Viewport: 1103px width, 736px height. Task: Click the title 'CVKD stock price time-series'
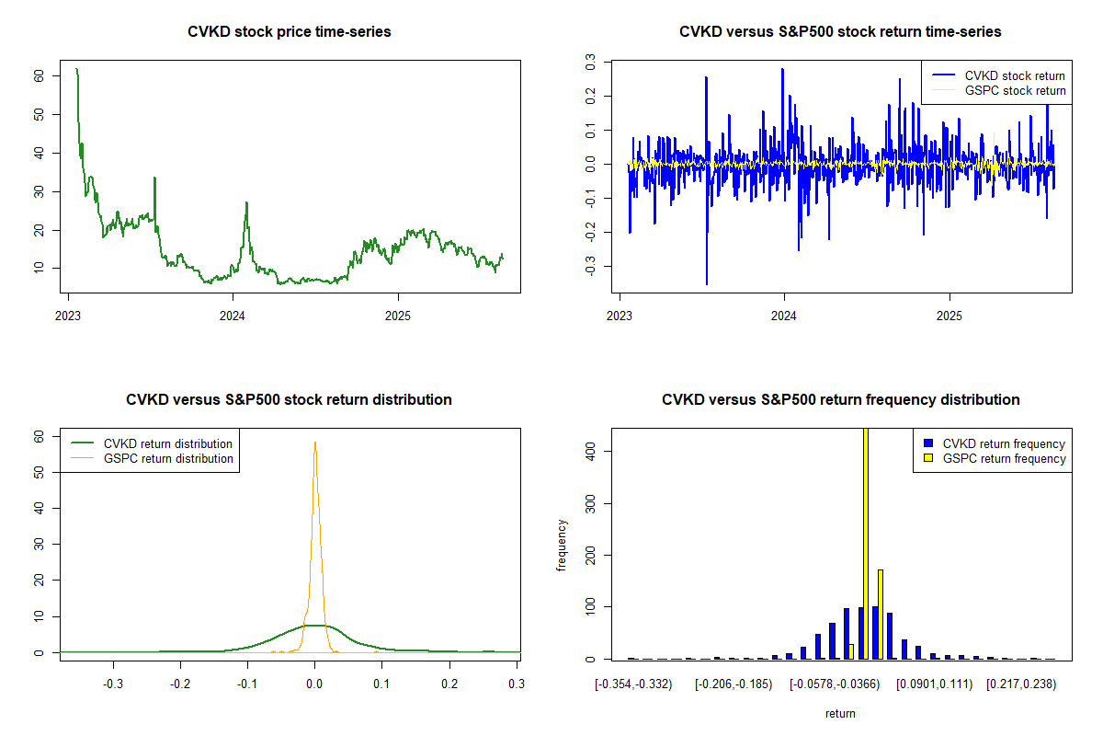coord(289,32)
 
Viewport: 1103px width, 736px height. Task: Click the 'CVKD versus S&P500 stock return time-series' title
coord(840,32)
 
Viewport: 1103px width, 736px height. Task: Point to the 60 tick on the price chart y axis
coord(39,76)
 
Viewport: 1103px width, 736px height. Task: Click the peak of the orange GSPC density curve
coord(315,443)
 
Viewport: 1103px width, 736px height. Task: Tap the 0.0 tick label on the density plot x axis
coord(315,684)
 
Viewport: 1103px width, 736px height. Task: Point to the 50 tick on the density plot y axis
coord(39,472)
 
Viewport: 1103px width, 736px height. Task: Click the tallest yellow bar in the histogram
coord(865,543)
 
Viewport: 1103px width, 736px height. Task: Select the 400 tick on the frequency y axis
coord(590,451)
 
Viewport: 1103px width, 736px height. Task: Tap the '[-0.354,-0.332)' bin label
coord(633,684)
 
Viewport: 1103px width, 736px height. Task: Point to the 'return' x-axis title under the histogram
coord(840,713)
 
